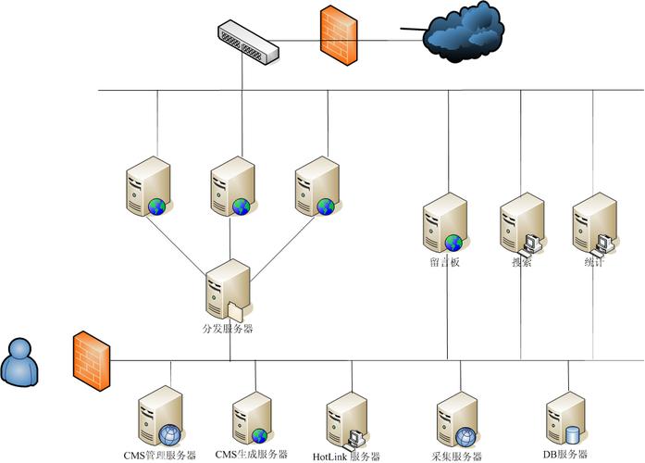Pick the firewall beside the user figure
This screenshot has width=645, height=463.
(x=91, y=357)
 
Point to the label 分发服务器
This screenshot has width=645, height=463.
(x=228, y=329)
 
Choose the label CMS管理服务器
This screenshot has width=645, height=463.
(x=160, y=455)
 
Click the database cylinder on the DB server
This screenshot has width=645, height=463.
(x=572, y=434)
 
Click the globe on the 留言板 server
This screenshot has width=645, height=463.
(x=453, y=244)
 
